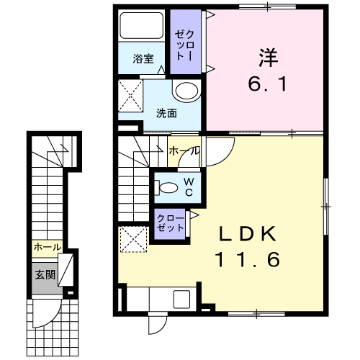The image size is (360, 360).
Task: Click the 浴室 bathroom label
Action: pos(143,58)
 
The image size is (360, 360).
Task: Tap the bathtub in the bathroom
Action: pos(142,25)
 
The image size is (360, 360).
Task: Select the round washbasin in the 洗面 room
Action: pos(186,91)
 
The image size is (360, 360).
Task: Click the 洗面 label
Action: pos(166,113)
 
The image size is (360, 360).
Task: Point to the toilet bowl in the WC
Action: pos(168,187)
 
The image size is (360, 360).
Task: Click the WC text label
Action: pos(189,187)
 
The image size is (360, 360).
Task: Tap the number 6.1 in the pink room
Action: pos(267,84)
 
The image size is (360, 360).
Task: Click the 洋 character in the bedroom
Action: pos(268,58)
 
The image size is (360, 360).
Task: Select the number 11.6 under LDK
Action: pos(248,259)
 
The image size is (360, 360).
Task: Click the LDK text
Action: pos(247,234)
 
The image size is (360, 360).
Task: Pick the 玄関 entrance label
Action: pos(45,274)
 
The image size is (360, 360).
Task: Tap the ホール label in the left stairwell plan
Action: pos(48,247)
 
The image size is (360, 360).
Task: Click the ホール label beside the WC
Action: pos(184,151)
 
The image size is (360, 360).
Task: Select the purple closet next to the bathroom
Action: pos(186,42)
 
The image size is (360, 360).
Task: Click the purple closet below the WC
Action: pos(170,224)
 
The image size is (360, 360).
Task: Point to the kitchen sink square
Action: pos(181,300)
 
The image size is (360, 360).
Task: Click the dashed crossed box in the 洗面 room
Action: pos(130,96)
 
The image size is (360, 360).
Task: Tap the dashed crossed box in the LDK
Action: pos(133,239)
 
